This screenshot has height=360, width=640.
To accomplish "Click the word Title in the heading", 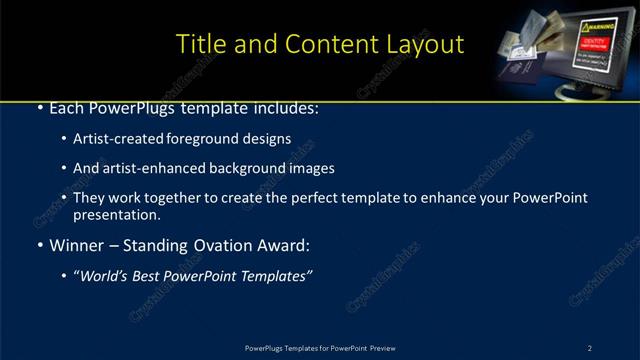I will click(200, 44).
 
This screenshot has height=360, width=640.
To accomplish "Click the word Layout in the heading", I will click(425, 44).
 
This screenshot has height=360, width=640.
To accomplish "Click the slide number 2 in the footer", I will click(590, 347).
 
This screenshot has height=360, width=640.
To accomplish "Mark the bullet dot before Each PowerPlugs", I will click(39, 108).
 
